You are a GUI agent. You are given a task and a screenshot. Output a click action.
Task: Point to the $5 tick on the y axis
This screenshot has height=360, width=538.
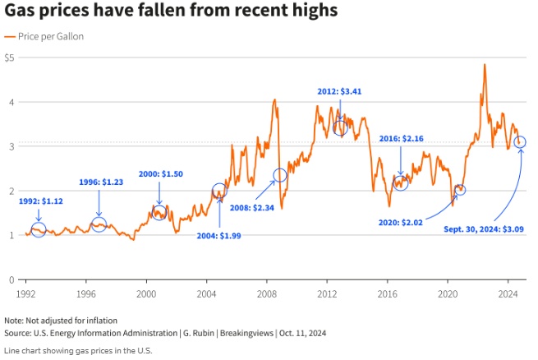coord(9,58)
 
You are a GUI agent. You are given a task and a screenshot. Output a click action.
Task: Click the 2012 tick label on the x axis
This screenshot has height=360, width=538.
coord(327,293)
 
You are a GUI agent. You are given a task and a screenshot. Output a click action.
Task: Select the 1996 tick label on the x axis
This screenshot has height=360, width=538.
coord(86,293)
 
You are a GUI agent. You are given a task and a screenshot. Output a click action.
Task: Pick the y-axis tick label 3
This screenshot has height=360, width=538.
coord(11,146)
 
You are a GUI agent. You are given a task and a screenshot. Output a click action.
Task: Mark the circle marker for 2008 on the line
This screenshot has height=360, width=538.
coord(280,175)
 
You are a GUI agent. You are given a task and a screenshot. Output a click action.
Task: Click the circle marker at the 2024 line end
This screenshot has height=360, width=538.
coord(520,142)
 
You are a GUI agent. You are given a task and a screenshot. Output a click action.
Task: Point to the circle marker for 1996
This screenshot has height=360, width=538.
coord(99,224)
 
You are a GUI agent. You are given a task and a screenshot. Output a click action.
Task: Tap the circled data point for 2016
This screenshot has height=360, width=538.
coord(400,183)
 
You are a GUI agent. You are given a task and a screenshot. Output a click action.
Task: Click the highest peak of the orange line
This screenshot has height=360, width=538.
coord(485,64)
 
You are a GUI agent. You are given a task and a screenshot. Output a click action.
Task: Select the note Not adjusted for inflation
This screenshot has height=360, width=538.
coord(61,320)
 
